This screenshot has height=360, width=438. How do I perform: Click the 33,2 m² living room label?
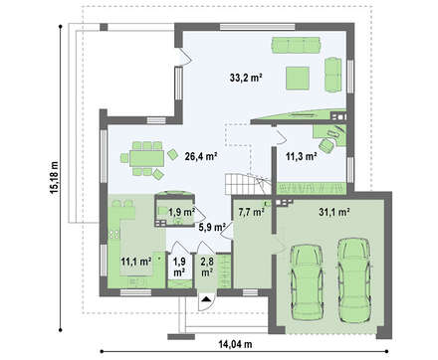pos(246,78)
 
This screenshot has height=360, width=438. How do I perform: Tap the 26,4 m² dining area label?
pos(201,156)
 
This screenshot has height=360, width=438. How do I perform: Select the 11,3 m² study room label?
pos(301,156)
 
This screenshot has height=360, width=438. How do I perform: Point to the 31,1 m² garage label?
pos(334,212)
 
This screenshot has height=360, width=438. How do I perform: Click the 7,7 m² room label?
pos(251,212)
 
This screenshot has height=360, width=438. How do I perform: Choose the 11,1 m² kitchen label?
pos(136,262)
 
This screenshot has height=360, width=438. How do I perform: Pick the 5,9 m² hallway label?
pos(212,228)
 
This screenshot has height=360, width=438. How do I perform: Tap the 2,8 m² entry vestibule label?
pos(207,267)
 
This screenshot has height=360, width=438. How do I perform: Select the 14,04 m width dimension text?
pos(235,344)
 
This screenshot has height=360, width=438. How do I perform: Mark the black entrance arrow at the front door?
pos(206,298)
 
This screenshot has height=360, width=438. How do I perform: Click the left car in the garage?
pos(307,282)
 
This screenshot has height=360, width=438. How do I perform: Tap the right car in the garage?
pos(354,280)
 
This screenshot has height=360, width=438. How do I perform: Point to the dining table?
pos(146,158)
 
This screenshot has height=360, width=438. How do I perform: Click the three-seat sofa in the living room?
pos(296,45)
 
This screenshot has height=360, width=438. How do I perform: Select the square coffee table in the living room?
pos(298,79)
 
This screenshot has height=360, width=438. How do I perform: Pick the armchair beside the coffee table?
pos(332,75)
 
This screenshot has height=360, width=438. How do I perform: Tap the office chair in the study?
pos(327,145)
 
